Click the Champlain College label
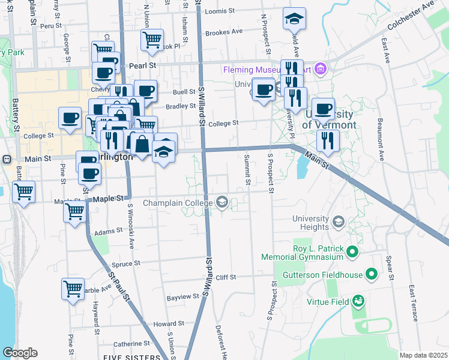[179, 203]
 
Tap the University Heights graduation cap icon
[338, 223]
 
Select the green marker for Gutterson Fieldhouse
[372, 275]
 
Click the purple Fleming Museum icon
[320, 69]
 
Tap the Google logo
[20, 353]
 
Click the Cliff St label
[226, 277]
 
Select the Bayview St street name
[182, 297]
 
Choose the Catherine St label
[131, 344]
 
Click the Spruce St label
[126, 263]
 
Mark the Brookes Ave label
[223, 31]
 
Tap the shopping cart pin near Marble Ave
[73, 289]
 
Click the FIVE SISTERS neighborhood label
[136, 357]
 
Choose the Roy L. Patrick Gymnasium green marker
[352, 251]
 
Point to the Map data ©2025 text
[423, 355]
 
